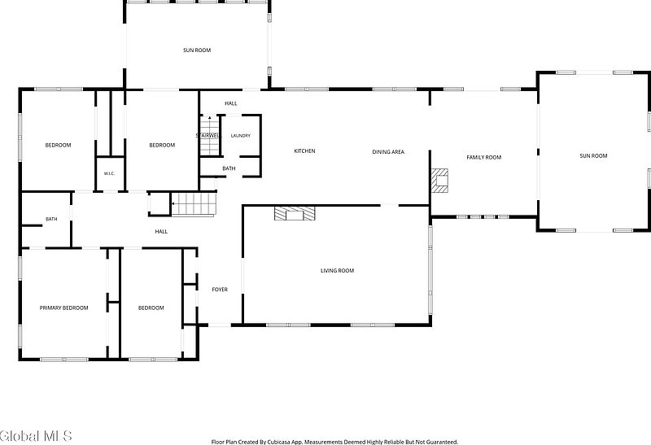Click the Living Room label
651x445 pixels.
click(x=337, y=271)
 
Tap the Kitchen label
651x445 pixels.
click(x=304, y=151)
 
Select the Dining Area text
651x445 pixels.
click(x=388, y=152)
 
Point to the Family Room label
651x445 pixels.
click(x=483, y=157)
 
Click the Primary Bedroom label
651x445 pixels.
click(x=64, y=308)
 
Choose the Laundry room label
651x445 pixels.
click(x=241, y=136)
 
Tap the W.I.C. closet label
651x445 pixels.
click(x=109, y=173)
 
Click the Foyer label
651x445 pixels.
click(x=220, y=290)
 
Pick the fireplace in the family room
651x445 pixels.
click(x=439, y=181)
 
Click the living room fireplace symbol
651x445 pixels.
click(x=295, y=213)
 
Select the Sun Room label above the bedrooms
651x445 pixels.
click(x=197, y=50)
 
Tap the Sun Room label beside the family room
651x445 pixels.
click(x=593, y=156)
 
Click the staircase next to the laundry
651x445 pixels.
click(x=210, y=136)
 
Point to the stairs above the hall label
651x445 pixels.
click(x=194, y=204)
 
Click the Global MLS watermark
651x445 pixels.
click(x=36, y=436)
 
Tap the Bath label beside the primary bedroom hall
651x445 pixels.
click(x=51, y=219)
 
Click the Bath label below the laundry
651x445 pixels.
click(x=229, y=168)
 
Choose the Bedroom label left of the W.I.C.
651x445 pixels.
click(x=58, y=146)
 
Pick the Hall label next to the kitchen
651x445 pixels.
click(x=231, y=103)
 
